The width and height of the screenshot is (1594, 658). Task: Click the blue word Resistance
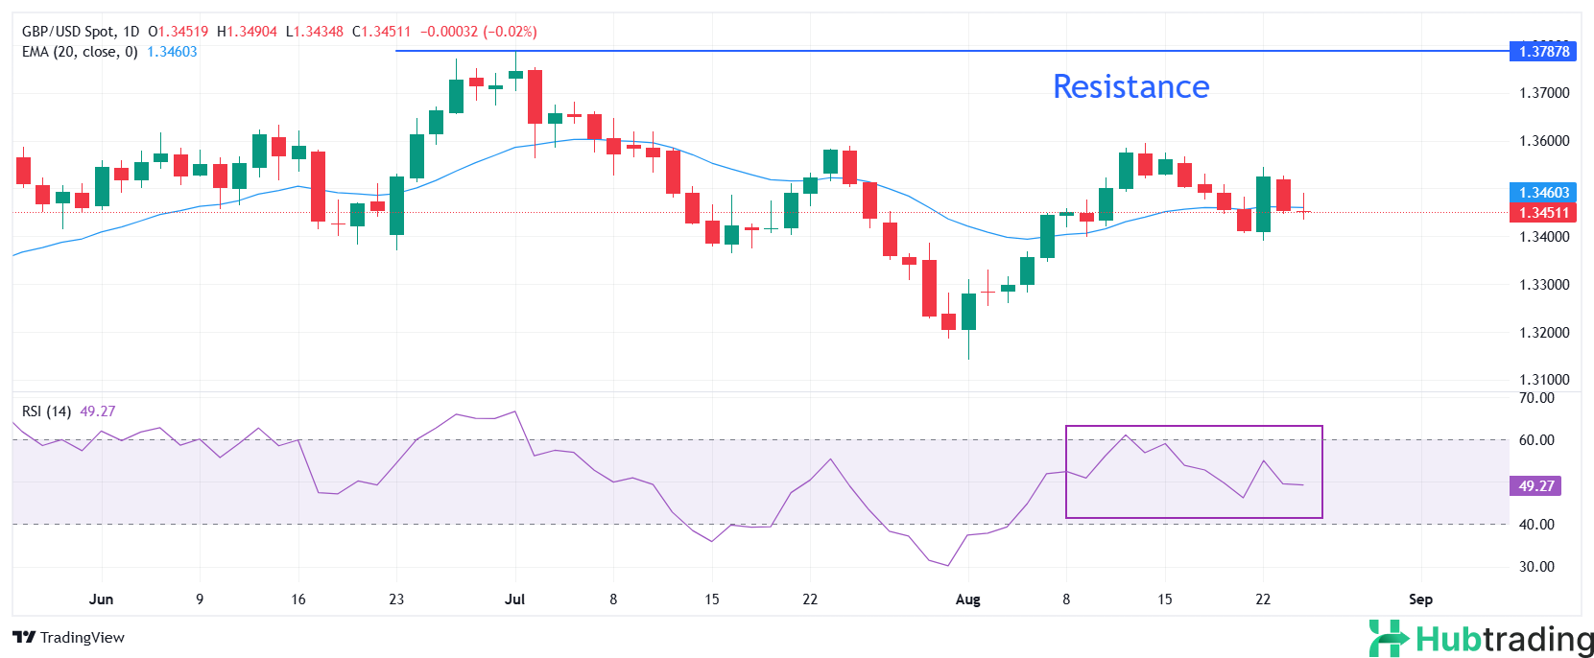click(1130, 87)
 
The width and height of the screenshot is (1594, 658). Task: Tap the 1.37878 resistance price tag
click(1543, 52)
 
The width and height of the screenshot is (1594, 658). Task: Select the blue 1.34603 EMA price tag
click(1543, 193)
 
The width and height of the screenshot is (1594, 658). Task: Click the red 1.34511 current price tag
click(1543, 213)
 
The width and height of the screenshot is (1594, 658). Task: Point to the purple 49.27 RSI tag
click(1535, 486)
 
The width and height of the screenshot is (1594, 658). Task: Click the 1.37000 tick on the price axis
click(1544, 93)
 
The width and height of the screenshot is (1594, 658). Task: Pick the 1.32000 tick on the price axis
click(1544, 333)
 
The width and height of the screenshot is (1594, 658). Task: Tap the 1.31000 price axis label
click(1544, 380)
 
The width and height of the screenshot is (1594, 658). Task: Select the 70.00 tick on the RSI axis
click(1536, 398)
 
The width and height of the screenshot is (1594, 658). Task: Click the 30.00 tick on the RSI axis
click(1536, 567)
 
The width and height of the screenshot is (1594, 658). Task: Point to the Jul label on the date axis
click(514, 599)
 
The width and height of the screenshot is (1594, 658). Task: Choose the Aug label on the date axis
click(967, 599)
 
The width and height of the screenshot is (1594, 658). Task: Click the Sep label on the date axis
click(1420, 599)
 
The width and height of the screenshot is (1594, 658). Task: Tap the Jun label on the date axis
click(101, 599)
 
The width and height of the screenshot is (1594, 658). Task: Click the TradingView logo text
click(69, 638)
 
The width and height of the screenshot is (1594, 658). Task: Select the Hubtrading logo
click(1481, 639)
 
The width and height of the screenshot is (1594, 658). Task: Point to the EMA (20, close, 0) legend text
click(80, 52)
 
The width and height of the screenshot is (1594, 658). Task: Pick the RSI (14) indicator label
click(46, 411)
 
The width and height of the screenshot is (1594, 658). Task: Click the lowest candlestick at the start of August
click(968, 312)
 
